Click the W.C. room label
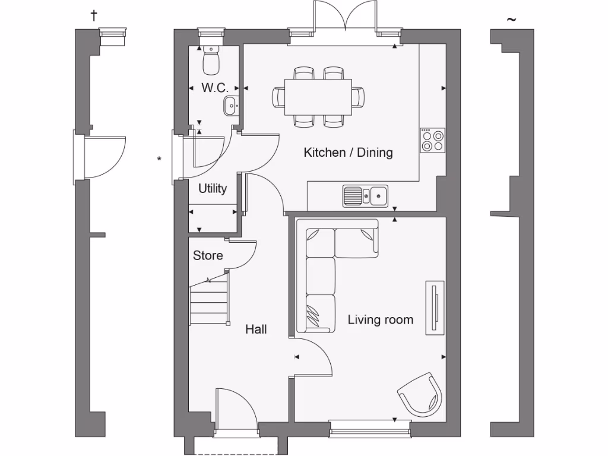coord(214,88)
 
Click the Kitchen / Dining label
coord(348,153)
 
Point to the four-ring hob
coord(432,141)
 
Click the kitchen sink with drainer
coord(365,195)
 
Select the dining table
coord(318,97)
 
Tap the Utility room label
coord(213,189)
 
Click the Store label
coord(208,255)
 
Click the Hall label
coord(256,329)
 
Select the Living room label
coord(380,320)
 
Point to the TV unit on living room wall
coord(435,308)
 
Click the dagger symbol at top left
coord(93,15)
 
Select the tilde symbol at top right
coord(511,20)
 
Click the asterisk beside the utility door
coord(159,159)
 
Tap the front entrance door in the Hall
coord(235,410)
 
